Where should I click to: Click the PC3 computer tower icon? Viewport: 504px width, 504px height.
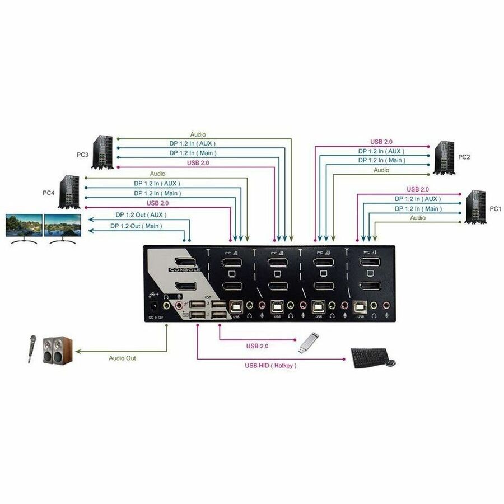pyautogui.click(x=105, y=151)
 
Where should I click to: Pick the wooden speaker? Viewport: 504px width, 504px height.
pyautogui.click(x=58, y=351)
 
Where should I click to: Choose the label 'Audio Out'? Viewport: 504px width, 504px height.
pyautogui.click(x=122, y=358)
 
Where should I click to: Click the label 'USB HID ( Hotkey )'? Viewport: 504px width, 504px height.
pyautogui.click(x=270, y=366)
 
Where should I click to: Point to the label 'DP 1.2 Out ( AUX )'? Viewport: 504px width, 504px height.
pyautogui.click(x=141, y=214)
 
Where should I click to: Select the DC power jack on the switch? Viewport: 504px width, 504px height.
pyautogui.click(x=152, y=306)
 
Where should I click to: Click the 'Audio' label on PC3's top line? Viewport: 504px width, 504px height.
pyautogui.click(x=198, y=134)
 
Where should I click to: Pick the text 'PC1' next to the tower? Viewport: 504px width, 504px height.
pyautogui.click(x=496, y=208)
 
